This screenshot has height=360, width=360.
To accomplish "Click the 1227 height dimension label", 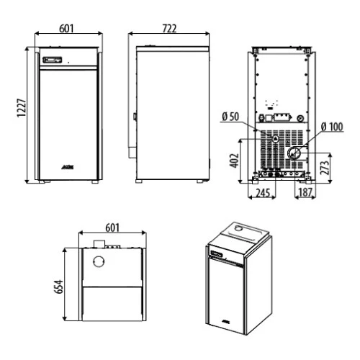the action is pyautogui.click(x=22, y=108).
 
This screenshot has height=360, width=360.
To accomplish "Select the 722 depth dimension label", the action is pyautogui.click(x=169, y=29).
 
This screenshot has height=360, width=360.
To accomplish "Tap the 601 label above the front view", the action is pyautogui.click(x=66, y=28).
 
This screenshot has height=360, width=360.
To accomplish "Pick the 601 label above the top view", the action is pyautogui.click(x=112, y=228).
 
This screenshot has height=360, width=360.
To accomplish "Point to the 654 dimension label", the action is pyautogui.click(x=59, y=287).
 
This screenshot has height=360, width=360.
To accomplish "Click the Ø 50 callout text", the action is pyautogui.click(x=230, y=117).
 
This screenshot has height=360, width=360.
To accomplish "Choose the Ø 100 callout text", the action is pyautogui.click(x=332, y=127).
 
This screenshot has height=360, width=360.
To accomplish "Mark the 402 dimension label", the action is pyautogui.click(x=235, y=161).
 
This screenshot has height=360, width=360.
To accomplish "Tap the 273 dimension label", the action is pyautogui.click(x=324, y=168).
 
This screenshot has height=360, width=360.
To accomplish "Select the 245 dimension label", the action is pyautogui.click(x=263, y=193).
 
